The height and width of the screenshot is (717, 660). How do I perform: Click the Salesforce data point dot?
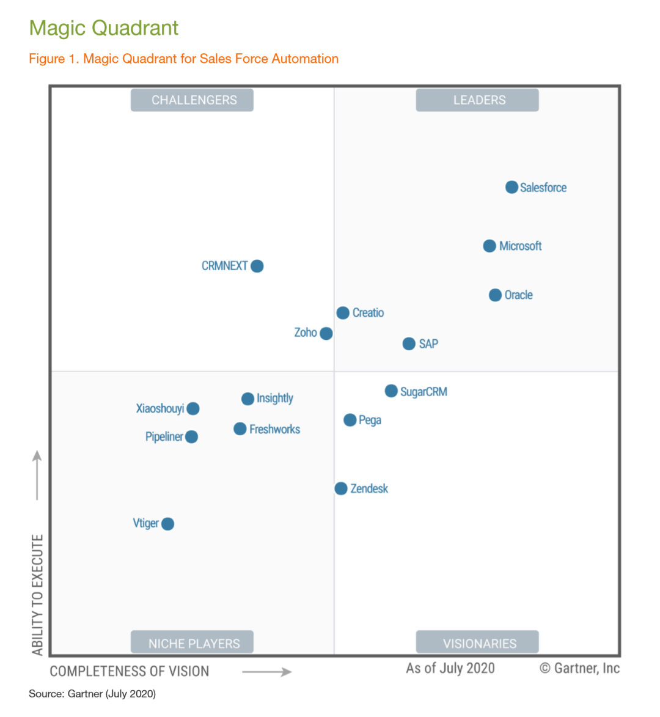[512, 187]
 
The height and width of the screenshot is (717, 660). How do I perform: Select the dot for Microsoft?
[490, 246]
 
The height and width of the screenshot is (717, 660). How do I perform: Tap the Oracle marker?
[495, 295]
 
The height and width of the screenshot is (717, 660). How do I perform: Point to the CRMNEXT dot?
[257, 266]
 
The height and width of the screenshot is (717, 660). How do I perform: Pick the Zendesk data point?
[341, 488]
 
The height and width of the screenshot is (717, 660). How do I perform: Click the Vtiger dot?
[167, 524]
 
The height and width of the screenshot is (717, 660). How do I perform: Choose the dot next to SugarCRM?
[391, 391]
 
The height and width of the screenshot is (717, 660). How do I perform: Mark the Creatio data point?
[343, 313]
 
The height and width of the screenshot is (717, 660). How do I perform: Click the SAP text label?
[428, 344]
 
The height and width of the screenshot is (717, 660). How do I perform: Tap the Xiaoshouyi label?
[160, 408]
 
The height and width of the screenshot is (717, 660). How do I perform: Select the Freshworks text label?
[274, 429]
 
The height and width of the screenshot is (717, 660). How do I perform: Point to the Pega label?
[370, 420]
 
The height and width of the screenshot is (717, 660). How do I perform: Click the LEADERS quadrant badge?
[477, 100]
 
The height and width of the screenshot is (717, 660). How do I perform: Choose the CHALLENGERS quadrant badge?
[192, 100]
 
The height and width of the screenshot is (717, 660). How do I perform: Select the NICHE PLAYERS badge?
[192, 642]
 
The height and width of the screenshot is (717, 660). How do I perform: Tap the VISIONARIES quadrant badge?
[477, 642]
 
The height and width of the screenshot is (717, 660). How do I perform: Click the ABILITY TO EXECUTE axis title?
[38, 595]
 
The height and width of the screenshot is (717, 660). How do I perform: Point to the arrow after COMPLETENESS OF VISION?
[267, 672]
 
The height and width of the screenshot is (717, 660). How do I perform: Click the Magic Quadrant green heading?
[104, 28]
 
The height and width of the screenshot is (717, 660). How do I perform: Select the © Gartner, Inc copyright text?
[579, 668]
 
